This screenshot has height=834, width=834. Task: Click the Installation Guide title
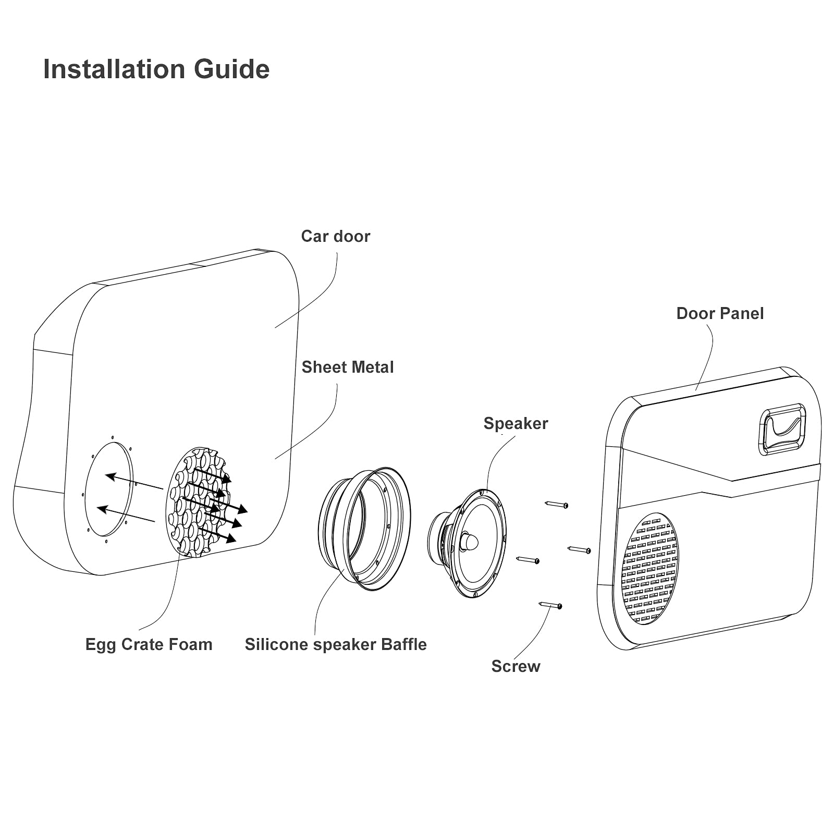coord(156,69)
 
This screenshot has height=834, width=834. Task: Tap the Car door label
coord(335,236)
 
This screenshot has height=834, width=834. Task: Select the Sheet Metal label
coord(347,367)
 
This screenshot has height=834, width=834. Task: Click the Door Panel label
coord(719,313)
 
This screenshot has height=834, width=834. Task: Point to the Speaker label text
coord(515,423)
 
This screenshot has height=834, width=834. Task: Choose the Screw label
coord(515,666)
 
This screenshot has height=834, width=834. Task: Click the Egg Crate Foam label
coord(149,644)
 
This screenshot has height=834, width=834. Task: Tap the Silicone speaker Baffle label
coord(335,644)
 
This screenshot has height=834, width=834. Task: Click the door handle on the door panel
coord(782,428)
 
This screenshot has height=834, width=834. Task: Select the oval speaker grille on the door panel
coord(649,568)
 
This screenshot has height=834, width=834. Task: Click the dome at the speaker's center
coord(469,542)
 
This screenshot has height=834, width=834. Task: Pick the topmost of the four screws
coord(556,504)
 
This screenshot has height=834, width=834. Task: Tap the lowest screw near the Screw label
coord(550,605)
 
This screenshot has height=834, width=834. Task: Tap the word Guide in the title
coord(231,69)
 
